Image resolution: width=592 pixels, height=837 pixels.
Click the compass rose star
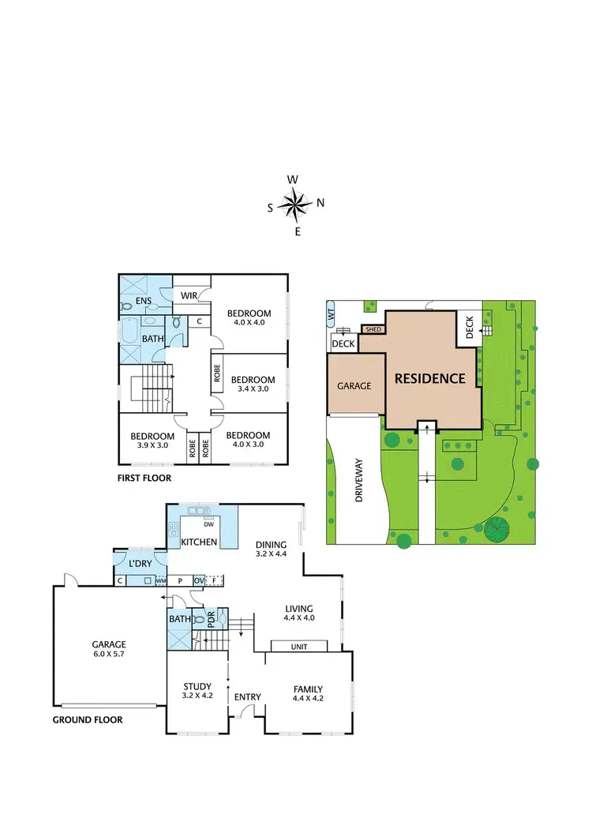click(294, 206)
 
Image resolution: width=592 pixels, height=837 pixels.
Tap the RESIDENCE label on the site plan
click(430, 378)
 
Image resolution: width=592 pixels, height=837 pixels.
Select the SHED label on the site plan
click(372, 329)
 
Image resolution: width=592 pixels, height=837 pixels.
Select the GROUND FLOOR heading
click(88, 720)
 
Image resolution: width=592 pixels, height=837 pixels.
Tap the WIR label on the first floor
click(189, 295)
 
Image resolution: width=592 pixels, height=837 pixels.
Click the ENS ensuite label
click(144, 302)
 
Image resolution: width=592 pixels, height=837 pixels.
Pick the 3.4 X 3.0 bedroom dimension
click(253, 389)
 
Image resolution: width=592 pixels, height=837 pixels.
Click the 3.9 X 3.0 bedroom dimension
click(152, 445)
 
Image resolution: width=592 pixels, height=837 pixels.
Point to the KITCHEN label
click(199, 542)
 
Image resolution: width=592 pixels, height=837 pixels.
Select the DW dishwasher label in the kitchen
click(208, 524)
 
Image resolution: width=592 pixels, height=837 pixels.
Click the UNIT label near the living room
click(298, 647)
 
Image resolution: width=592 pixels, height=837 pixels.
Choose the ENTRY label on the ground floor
click(247, 696)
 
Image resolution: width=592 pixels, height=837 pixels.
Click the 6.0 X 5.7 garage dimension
click(107, 655)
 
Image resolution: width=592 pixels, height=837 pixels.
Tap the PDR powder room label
click(211, 618)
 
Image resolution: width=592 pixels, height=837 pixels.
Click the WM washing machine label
click(160, 580)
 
